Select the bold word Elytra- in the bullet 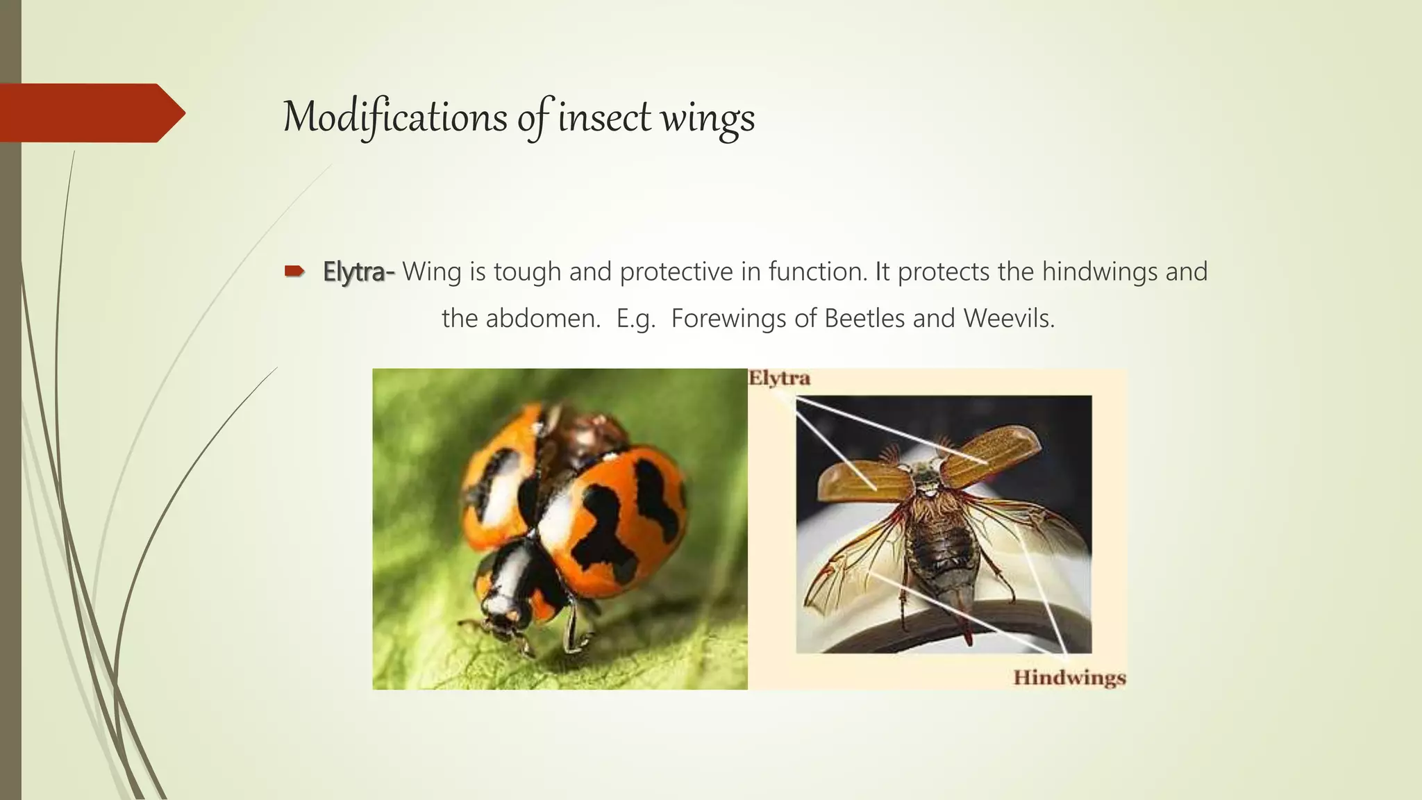[x=358, y=272]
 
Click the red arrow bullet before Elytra [x=294, y=272]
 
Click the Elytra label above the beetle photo [x=779, y=379]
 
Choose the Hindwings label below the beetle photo [x=1069, y=678]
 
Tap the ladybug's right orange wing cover [x=625, y=514]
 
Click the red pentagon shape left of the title [x=90, y=112]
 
